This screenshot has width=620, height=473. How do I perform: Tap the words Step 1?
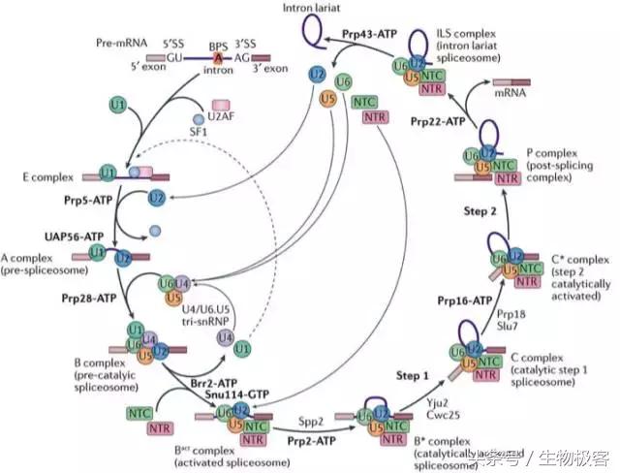click(x=406, y=373)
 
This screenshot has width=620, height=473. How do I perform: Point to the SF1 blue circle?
click(x=200, y=119)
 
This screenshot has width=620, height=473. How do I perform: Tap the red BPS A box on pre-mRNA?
click(x=217, y=58)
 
